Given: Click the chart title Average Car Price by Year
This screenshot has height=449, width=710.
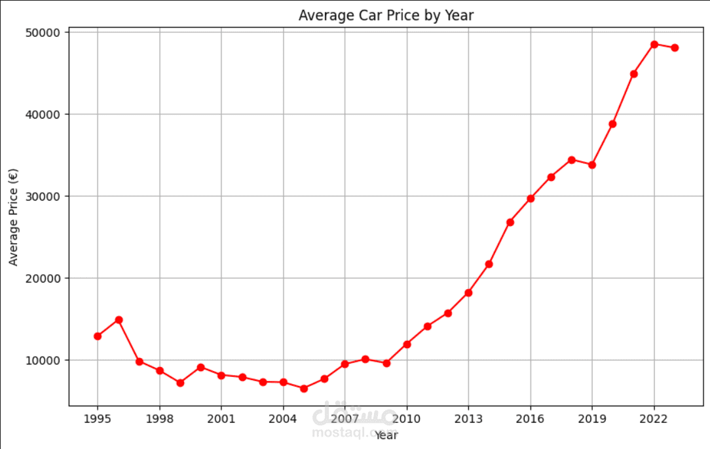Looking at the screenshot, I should (x=386, y=15).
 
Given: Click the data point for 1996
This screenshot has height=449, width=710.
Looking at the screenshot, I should (x=119, y=320).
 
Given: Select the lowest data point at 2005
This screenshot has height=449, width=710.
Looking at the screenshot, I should (x=303, y=389).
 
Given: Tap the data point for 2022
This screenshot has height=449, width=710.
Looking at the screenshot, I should (x=654, y=45).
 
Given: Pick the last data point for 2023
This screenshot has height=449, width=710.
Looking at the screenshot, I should (x=675, y=48).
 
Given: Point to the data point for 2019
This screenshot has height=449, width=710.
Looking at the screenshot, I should (x=592, y=165).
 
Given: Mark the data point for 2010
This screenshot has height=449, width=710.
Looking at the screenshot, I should (x=407, y=344).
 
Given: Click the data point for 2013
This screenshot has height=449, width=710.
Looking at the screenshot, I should (x=468, y=293).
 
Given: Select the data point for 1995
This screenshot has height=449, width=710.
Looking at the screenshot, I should (x=98, y=336).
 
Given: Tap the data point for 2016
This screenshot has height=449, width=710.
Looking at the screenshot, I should (x=531, y=199).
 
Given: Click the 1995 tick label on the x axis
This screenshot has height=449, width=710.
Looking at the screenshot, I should (x=98, y=418).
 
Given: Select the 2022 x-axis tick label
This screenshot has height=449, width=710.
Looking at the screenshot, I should (x=654, y=418).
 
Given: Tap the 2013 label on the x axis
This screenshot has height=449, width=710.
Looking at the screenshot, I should (x=468, y=418).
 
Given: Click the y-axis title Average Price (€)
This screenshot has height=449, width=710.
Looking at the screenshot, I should (x=14, y=218).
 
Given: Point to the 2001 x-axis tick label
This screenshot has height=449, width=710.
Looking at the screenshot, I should (x=221, y=418).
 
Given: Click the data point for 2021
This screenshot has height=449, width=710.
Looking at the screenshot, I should (x=633, y=74).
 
